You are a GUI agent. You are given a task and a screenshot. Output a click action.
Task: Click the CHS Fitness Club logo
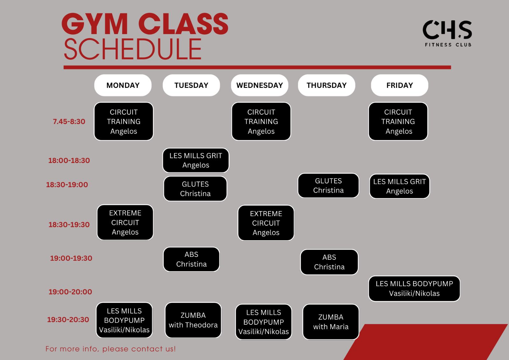447,33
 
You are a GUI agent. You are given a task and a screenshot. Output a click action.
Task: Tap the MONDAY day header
123,85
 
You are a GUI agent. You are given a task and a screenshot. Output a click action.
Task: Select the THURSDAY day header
326,85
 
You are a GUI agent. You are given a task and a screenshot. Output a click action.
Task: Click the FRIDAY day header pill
400,85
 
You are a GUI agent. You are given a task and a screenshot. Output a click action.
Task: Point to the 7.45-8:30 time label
69,122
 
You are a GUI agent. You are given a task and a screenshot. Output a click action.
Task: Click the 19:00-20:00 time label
70,292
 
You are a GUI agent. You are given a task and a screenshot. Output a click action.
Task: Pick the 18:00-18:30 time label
69,160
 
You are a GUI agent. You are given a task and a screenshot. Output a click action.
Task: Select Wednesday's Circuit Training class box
261,122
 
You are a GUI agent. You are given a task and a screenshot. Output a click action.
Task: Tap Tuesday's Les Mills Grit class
196,160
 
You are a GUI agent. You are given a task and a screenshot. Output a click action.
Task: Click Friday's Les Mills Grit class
400,186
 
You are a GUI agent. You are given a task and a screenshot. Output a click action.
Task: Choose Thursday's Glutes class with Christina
328,186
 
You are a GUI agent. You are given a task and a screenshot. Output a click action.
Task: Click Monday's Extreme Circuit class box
125,222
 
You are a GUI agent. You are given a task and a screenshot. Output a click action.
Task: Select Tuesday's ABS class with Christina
191,259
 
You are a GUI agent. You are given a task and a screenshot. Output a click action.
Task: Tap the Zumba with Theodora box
193,320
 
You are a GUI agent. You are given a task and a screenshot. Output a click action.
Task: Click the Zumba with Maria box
331,322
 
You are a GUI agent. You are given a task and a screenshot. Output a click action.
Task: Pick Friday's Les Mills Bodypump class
414,289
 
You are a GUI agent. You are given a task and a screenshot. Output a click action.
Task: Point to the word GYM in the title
94,24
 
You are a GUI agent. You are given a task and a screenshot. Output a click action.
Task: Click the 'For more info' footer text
110,349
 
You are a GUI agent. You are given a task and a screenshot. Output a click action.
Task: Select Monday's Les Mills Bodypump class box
124,320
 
